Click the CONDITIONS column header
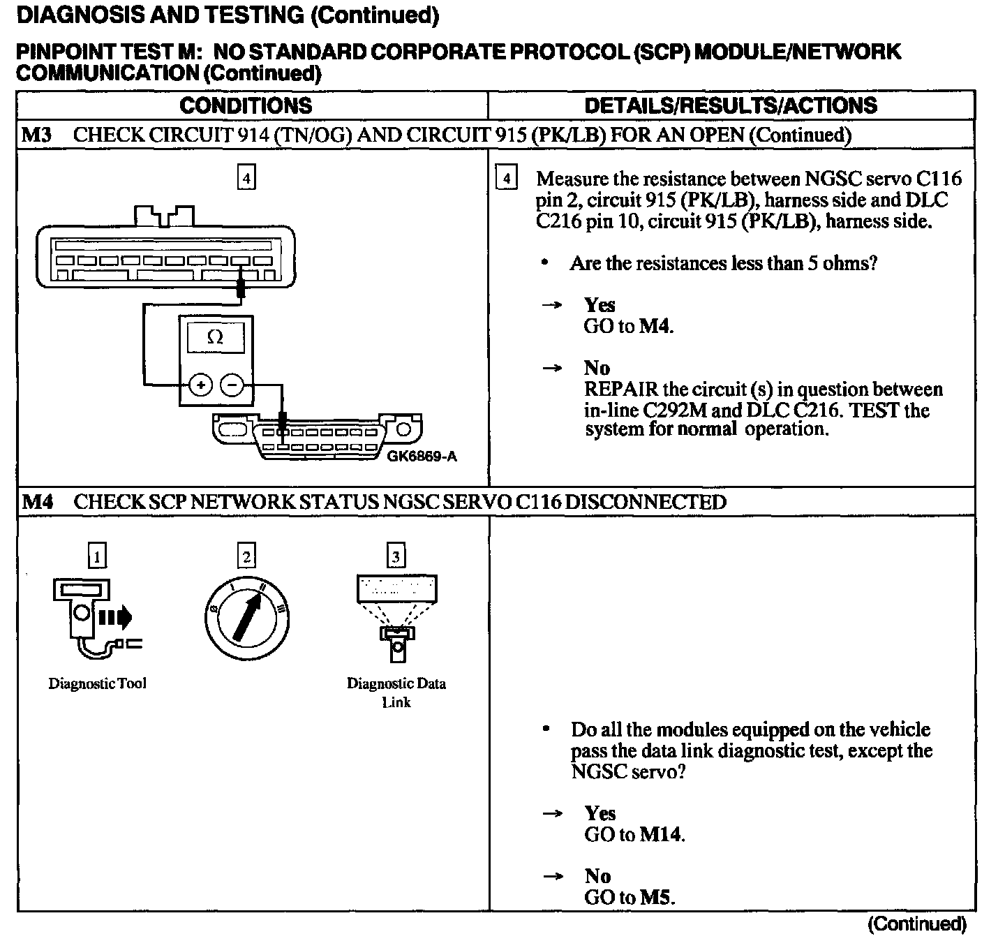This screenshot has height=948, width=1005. click(x=246, y=105)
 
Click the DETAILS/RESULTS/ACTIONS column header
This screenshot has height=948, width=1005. click(x=731, y=105)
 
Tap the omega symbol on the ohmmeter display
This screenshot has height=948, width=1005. click(x=215, y=339)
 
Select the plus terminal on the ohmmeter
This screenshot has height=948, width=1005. click(x=201, y=385)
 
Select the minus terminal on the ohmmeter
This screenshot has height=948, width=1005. click(x=232, y=385)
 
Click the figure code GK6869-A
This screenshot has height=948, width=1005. click(x=422, y=457)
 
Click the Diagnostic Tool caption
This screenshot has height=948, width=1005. click(x=97, y=683)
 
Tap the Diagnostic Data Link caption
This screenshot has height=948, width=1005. click(x=396, y=693)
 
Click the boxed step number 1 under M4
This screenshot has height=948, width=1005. click(x=97, y=556)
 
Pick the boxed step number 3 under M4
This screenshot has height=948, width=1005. click(x=396, y=556)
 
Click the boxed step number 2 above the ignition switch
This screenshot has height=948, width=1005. click(x=246, y=556)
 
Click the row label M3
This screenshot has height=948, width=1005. click(x=37, y=134)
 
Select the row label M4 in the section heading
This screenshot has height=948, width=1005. click(x=37, y=502)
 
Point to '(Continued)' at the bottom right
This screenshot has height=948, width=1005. click(x=916, y=924)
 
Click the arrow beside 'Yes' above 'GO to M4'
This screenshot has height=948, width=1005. click(x=553, y=305)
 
